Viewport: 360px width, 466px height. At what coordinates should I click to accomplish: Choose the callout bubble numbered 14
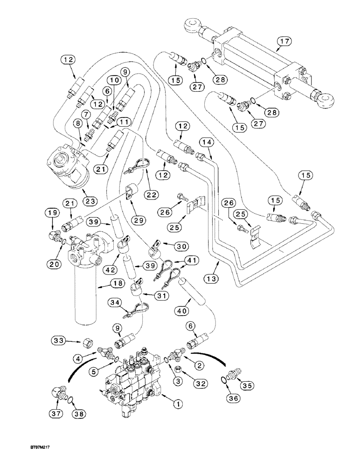[x=208, y=142]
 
